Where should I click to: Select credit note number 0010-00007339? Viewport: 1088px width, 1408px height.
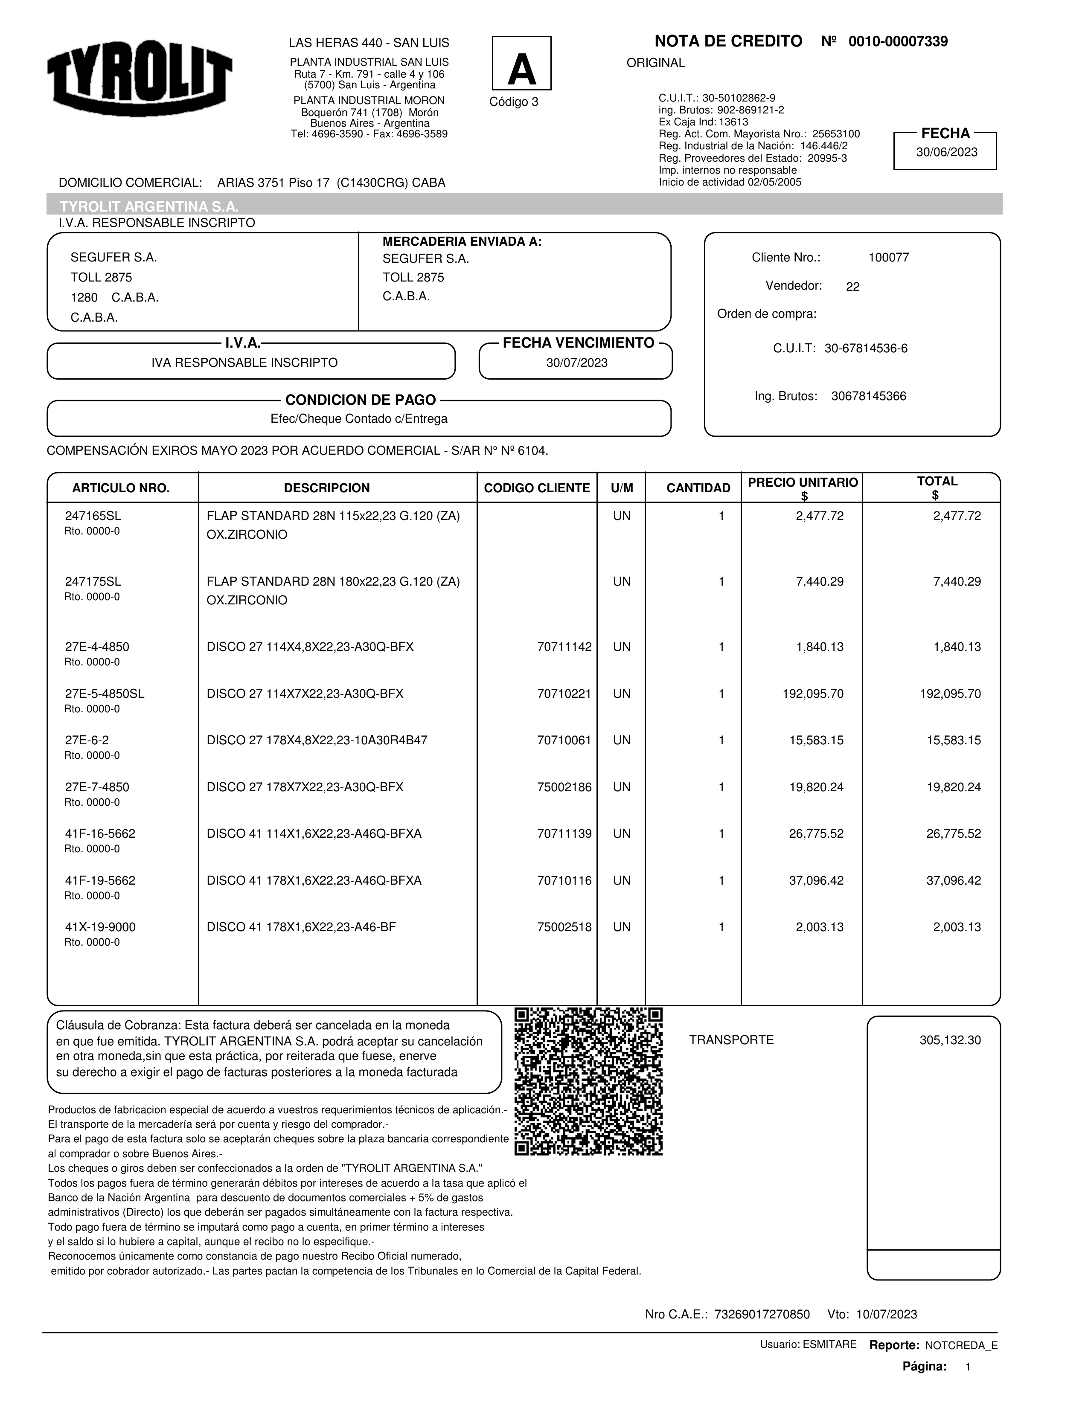click(x=898, y=42)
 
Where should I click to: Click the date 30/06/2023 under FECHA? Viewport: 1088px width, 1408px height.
click(x=946, y=153)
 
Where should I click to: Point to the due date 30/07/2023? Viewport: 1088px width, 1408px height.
click(x=576, y=363)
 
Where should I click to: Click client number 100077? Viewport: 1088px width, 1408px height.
click(x=888, y=258)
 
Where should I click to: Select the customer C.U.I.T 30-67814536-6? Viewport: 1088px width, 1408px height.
click(x=866, y=349)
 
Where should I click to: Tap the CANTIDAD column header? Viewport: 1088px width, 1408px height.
click(x=698, y=488)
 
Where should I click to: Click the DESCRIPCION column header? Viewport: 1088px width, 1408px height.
click(x=326, y=488)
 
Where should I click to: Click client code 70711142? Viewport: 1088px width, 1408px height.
click(x=564, y=647)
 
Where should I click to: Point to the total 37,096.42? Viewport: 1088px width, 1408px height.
click(x=953, y=881)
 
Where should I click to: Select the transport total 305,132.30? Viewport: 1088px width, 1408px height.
click(x=949, y=1040)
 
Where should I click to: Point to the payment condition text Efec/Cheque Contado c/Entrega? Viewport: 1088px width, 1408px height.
click(x=358, y=419)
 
